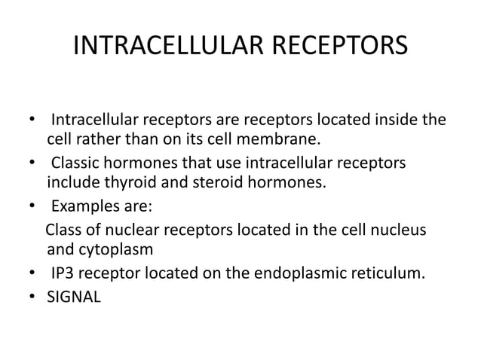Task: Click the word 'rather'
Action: tap(101, 141)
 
